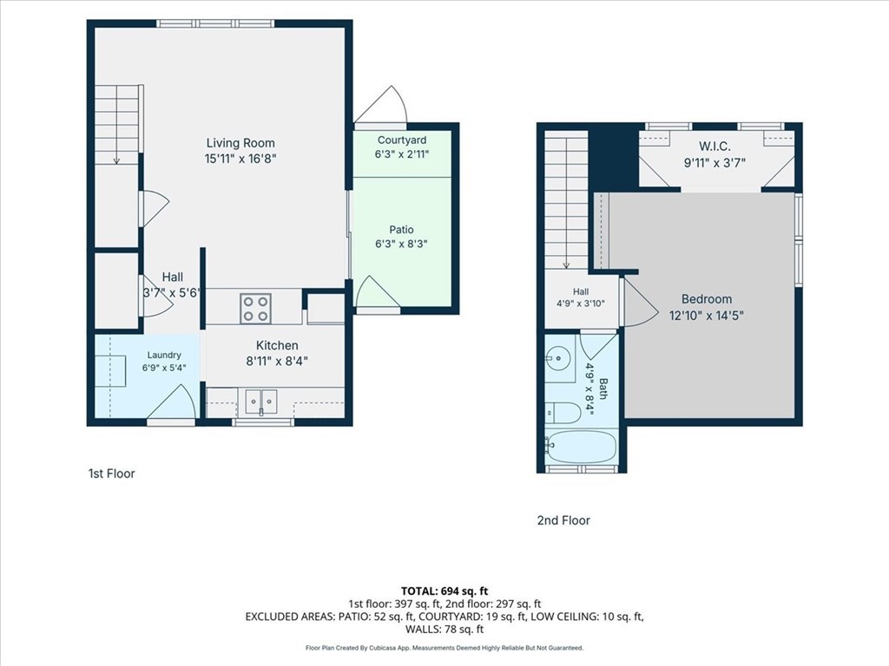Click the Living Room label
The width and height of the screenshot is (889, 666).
tap(240, 143)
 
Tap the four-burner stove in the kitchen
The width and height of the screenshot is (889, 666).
tap(256, 309)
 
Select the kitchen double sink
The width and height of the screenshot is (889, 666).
tap(261, 402)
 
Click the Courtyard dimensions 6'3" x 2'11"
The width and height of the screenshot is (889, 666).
tap(401, 153)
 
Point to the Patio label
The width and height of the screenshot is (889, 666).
tap(401, 229)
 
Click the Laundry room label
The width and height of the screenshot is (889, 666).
tap(164, 355)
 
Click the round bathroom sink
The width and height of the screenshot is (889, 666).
tap(558, 358)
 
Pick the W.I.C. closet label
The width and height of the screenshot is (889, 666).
tap(714, 146)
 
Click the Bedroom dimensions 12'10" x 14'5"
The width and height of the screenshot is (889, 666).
tap(707, 316)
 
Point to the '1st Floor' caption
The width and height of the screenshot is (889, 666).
tap(112, 473)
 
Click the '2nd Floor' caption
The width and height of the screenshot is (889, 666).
tap(563, 520)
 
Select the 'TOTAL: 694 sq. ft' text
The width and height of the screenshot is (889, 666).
tap(444, 591)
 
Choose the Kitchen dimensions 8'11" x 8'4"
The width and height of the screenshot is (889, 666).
tap(277, 361)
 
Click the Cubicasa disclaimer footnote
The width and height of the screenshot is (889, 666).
tap(444, 648)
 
